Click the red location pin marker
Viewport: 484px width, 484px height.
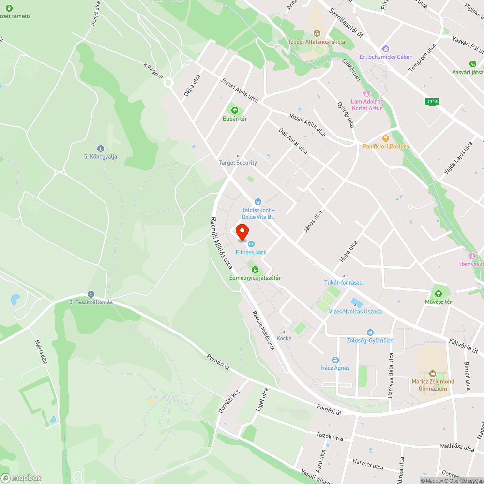tap(242, 233)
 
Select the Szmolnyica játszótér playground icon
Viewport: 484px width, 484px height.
tap(254, 270)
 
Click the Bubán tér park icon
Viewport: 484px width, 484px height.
tap(235, 110)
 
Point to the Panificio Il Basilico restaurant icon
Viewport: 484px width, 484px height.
tap(386, 138)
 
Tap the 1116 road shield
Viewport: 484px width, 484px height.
tap(432, 101)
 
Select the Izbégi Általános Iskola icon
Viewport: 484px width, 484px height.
tap(317, 33)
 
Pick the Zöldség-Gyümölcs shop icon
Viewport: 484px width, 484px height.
tap(370, 333)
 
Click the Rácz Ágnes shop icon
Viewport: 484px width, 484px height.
tap(335, 360)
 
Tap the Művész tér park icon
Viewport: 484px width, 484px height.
tap(439, 294)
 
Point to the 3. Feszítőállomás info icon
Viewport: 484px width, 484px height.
tap(91, 294)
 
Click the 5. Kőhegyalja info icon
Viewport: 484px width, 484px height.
tap(100, 148)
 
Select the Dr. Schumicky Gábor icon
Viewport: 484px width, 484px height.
tap(386, 48)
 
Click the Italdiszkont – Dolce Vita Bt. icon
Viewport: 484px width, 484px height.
tap(258, 202)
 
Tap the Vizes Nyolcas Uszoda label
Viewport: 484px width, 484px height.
tap(355, 311)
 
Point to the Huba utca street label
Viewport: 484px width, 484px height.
tap(348, 252)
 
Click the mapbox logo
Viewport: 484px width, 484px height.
tap(21, 478)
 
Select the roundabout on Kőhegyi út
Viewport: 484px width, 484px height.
tap(168, 83)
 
